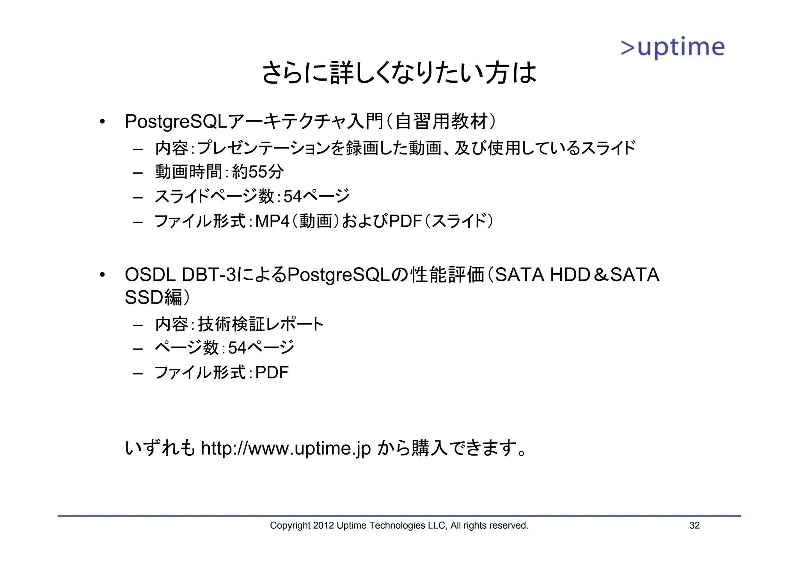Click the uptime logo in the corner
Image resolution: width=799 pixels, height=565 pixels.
[673, 48]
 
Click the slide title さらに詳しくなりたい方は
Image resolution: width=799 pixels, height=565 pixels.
[399, 73]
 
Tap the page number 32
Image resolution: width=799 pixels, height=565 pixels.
[694, 526]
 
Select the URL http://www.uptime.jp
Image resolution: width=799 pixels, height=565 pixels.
[286, 448]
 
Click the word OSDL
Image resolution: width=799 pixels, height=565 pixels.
[150, 275]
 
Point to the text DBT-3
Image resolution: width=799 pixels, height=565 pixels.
[209, 275]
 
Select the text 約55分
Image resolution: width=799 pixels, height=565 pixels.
[257, 172]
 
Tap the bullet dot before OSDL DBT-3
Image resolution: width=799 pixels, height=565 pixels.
[102, 275]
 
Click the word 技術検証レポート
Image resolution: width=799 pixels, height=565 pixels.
[261, 324]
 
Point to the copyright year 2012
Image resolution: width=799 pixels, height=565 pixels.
[323, 526]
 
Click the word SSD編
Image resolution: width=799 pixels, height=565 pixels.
[154, 297]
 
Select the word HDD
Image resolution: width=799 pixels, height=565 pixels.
[570, 275]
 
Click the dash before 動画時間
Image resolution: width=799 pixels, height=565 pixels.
[138, 172]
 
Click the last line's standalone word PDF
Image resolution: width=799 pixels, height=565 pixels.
[272, 373]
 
